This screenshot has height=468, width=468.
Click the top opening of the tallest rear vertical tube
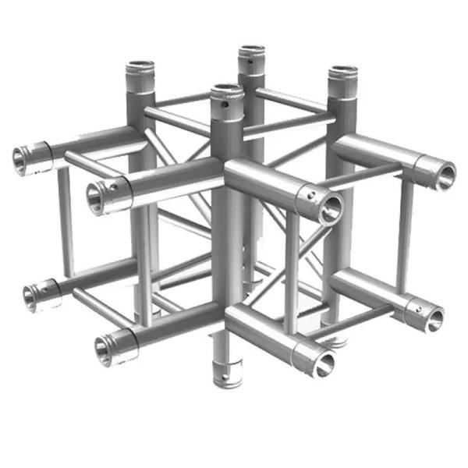click(x=251, y=51)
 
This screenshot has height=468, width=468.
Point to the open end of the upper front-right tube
click(x=332, y=207)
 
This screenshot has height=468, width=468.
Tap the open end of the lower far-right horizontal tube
click(x=434, y=317)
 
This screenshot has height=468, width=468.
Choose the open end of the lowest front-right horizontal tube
click(x=322, y=360)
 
